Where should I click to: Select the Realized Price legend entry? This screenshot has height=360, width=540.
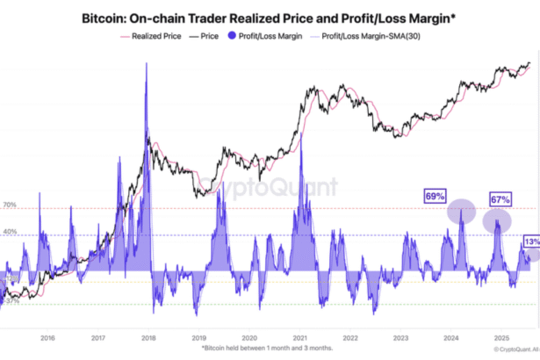[155, 36]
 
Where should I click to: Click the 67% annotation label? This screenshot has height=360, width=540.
[500, 199]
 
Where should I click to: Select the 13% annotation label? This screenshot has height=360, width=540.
[531, 241]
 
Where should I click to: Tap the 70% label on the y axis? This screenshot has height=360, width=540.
[10, 205]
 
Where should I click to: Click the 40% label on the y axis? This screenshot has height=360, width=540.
[10, 232]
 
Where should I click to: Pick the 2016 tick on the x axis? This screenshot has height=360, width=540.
[48, 336]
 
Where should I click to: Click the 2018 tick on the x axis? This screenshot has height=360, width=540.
[148, 336]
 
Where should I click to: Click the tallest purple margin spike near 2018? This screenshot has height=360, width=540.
[146, 88]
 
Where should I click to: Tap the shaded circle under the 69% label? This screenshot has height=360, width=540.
[461, 212]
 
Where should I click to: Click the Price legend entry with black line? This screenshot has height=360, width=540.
[205, 36]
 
